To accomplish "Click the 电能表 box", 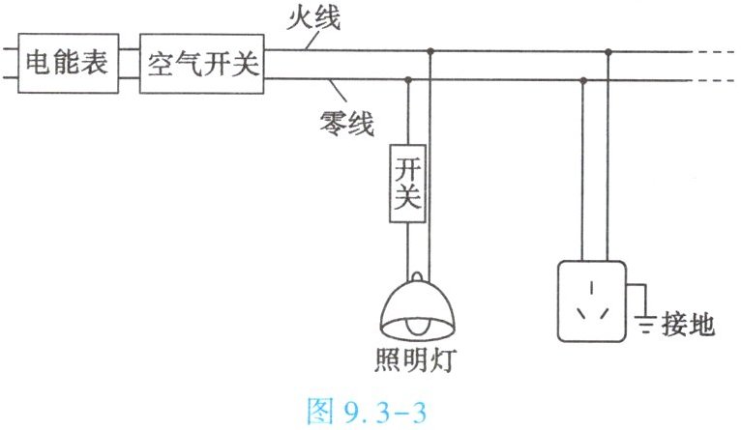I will tap(67, 65).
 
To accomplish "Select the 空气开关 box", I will tap(202, 65).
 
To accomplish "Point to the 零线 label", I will tap(345, 123).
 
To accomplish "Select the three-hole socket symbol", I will tap(590, 300).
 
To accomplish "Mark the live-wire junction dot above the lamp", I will tap(430, 51).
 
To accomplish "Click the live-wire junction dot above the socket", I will tap(608, 51).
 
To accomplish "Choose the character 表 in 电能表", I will tap(97, 65).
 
